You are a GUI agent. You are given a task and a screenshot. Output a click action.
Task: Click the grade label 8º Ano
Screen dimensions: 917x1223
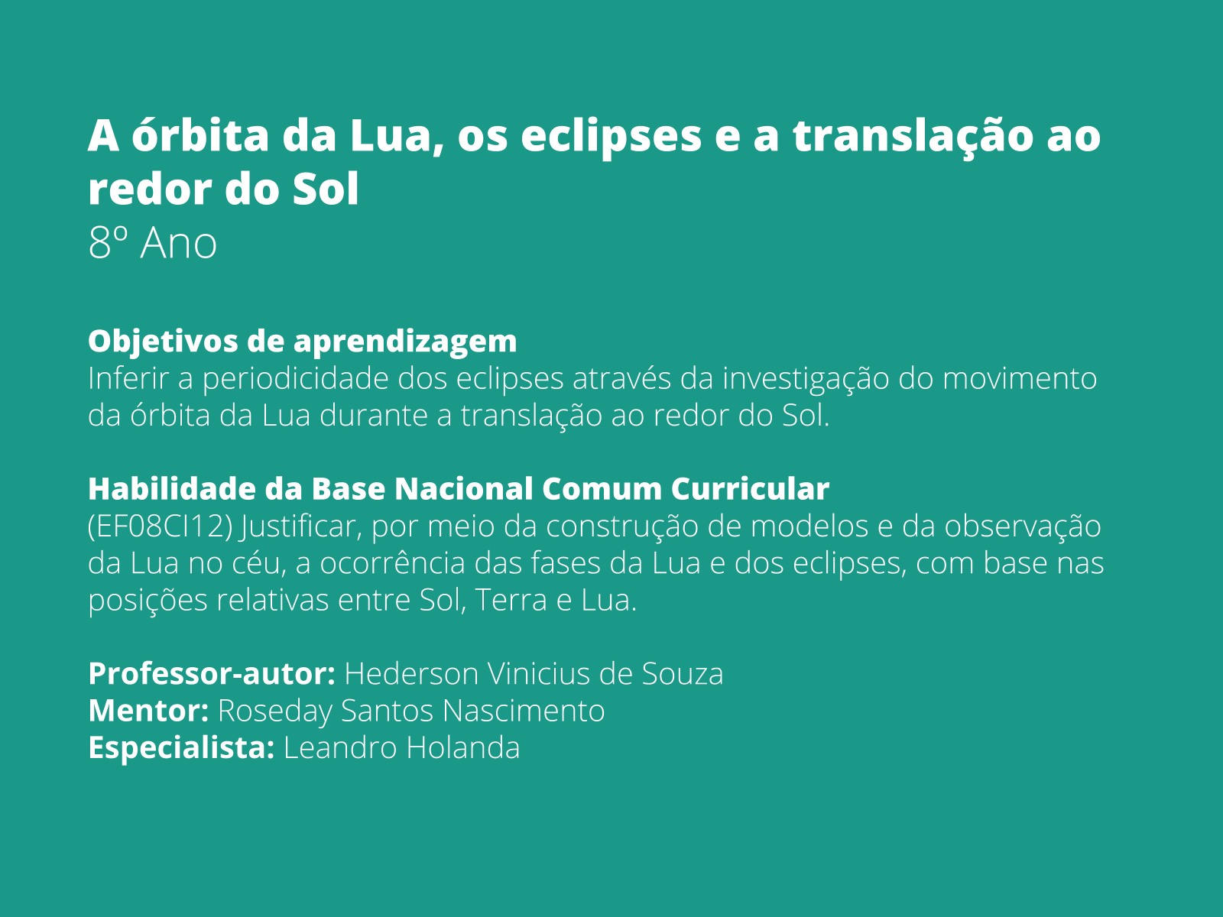[153, 244]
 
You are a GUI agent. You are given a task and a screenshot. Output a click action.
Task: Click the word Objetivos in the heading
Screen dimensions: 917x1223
[163, 341]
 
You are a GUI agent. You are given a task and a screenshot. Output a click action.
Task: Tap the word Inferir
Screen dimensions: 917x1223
[128, 378]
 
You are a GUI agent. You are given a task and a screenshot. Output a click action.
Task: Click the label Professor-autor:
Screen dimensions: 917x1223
[212, 674]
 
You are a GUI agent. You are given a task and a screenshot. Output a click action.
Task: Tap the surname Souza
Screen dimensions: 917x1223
[682, 674]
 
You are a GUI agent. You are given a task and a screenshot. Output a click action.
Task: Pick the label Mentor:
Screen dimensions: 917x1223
[148, 711]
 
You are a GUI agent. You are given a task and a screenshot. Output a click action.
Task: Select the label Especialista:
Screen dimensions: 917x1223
[181, 748]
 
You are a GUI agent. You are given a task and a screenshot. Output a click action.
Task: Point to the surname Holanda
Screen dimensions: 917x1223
[462, 748]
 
